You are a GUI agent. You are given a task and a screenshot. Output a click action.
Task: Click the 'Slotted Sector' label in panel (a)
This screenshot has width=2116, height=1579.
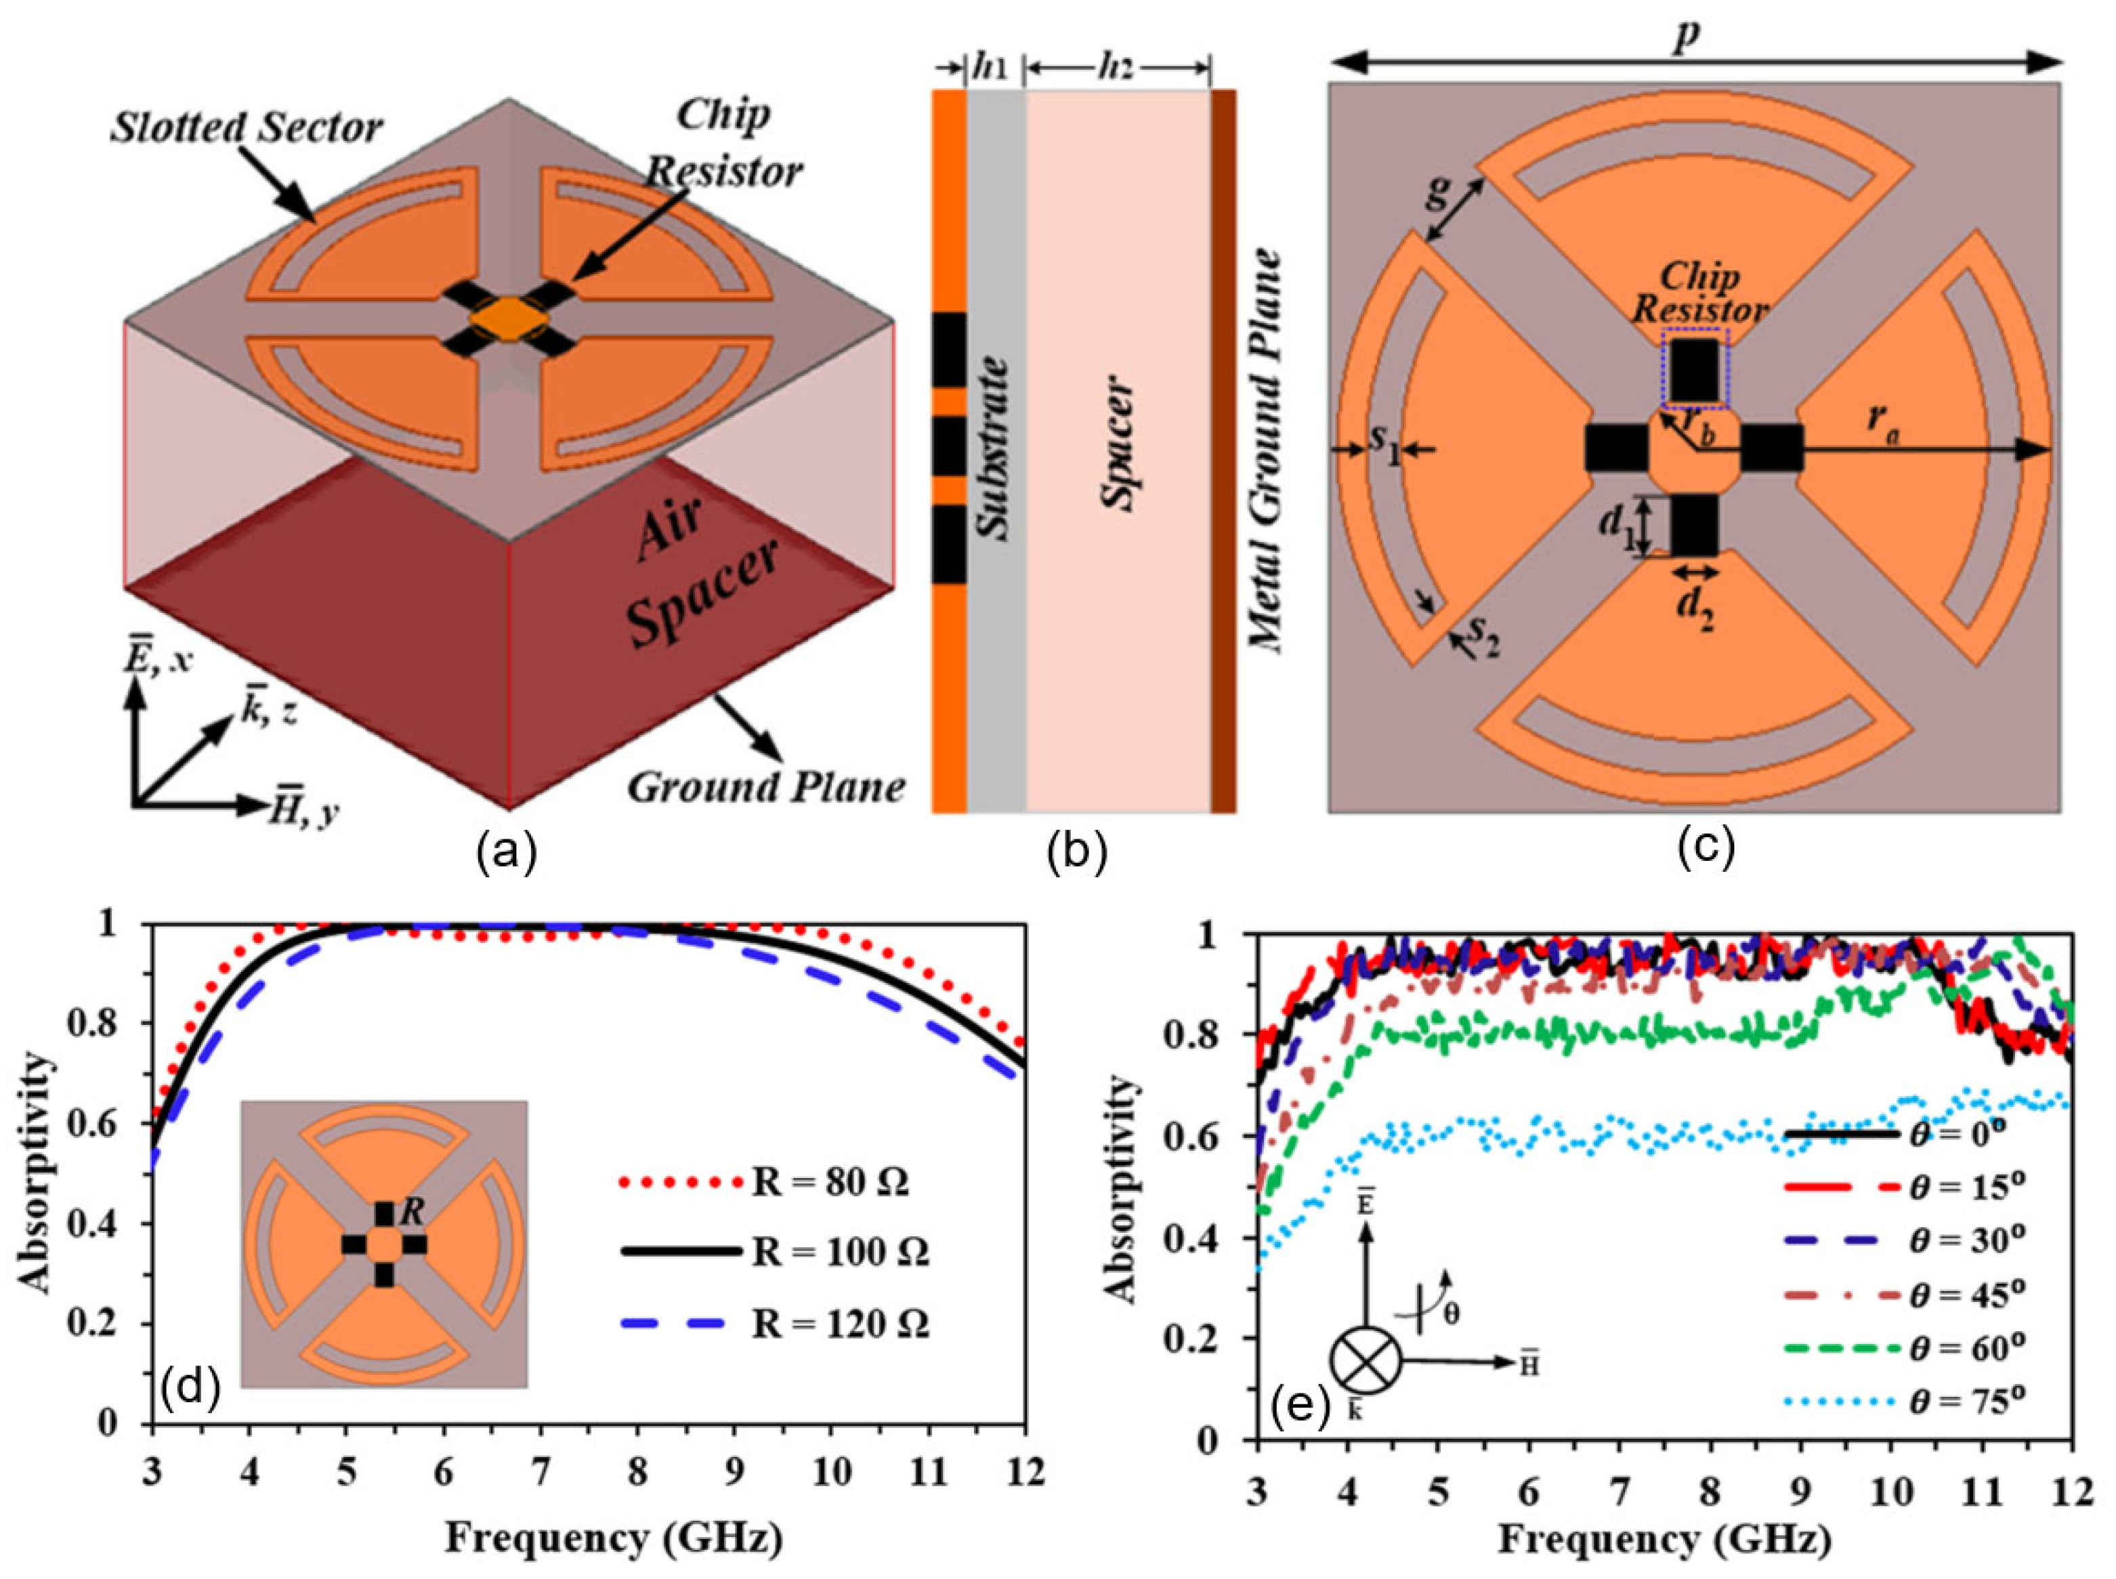pos(246,128)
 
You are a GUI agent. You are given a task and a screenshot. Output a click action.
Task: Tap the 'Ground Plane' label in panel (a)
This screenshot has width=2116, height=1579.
pos(765,786)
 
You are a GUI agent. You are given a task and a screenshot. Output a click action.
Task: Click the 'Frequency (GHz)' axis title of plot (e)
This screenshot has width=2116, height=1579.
pos(1663,1541)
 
